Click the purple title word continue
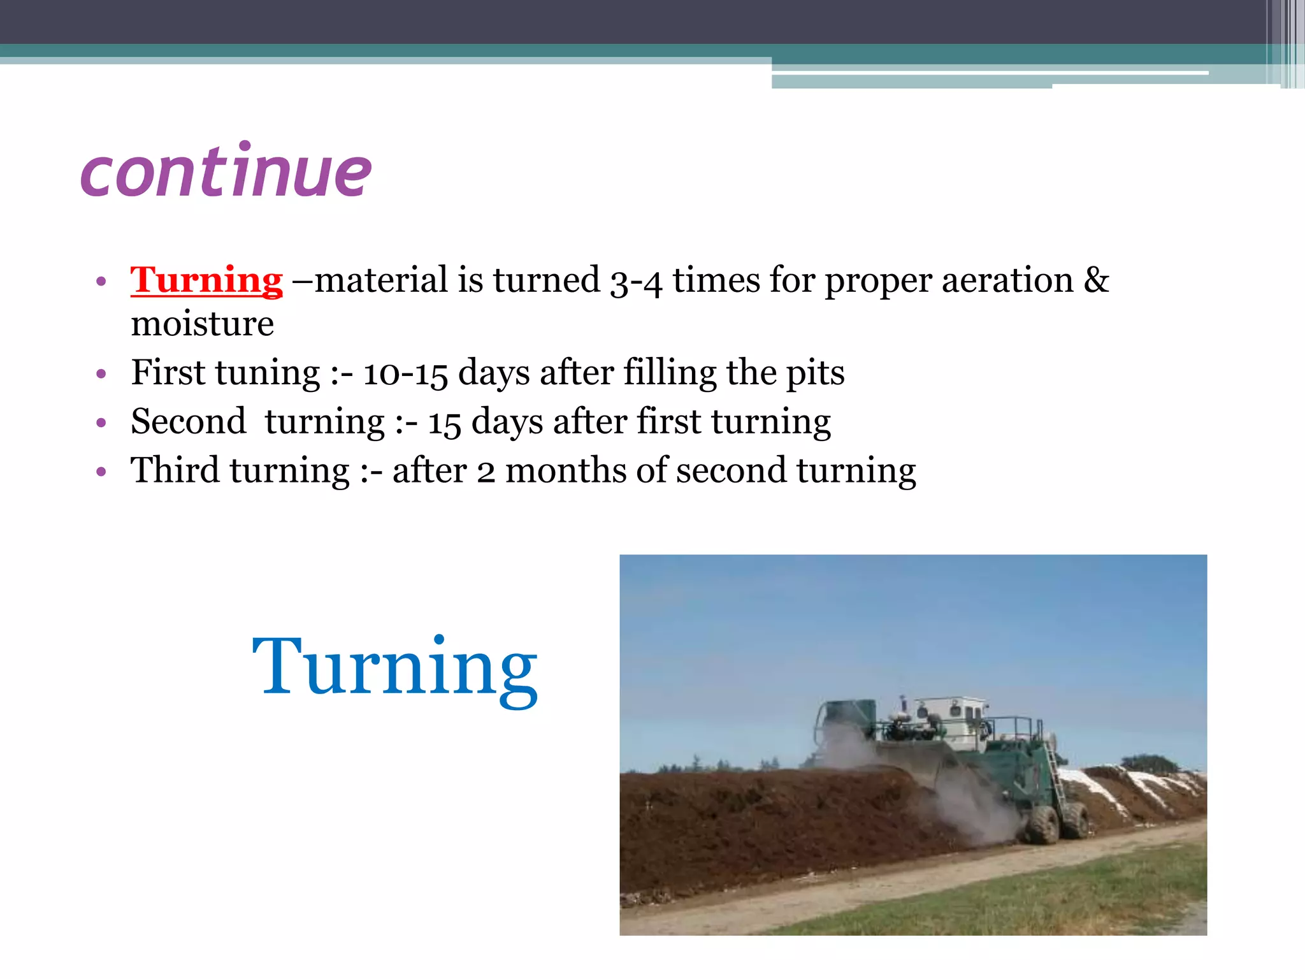coord(226,171)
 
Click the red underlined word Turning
coord(206,280)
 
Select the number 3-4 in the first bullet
coord(636,281)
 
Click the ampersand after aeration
coord(1096,280)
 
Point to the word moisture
coord(202,324)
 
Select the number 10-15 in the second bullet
coord(405,373)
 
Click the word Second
coord(188,422)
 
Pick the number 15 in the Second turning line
coord(444,423)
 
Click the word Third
coord(175,471)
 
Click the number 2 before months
coord(486,472)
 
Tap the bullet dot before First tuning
coord(101,374)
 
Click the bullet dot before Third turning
coord(101,472)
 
